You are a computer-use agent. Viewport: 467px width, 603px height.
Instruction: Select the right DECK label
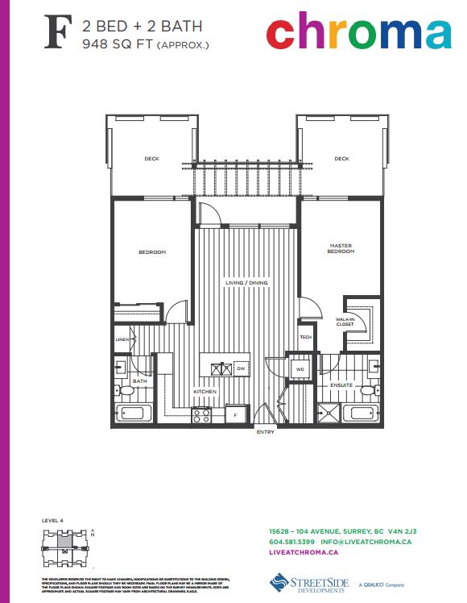[x=341, y=159]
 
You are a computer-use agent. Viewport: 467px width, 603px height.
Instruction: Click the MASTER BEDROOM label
[x=341, y=248]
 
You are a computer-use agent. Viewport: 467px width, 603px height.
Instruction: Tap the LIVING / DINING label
[x=246, y=283]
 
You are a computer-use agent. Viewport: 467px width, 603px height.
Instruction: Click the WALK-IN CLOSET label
[x=346, y=322]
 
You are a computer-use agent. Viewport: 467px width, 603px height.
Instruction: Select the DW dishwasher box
[x=240, y=368]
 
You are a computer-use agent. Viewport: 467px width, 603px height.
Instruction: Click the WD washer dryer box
[x=300, y=368]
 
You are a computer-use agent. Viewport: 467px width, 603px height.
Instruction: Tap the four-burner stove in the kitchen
[x=200, y=416]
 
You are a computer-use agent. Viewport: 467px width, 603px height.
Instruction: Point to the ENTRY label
[x=265, y=433]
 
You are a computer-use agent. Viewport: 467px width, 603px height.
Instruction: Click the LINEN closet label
[x=122, y=340]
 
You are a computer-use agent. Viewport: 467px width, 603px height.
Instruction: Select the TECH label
[x=305, y=337]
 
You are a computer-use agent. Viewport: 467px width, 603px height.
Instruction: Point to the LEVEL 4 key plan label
[x=52, y=522]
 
